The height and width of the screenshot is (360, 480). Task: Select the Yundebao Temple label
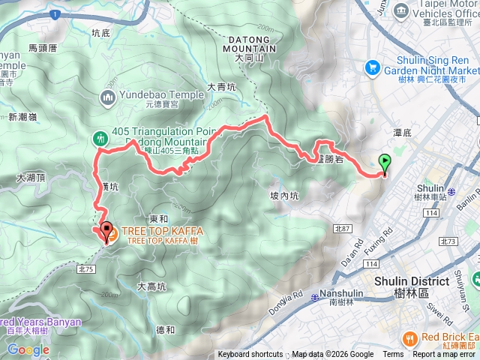pos(160,94)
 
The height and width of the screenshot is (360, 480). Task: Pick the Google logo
pos(28,349)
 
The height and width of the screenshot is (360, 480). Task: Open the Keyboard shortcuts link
pos(250,355)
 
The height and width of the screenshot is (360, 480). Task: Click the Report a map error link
pos(445,355)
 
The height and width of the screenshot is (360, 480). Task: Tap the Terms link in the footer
pos(393,355)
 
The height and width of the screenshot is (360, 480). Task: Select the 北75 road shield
pos(85,267)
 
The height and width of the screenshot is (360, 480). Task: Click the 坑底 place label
pos(100,33)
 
